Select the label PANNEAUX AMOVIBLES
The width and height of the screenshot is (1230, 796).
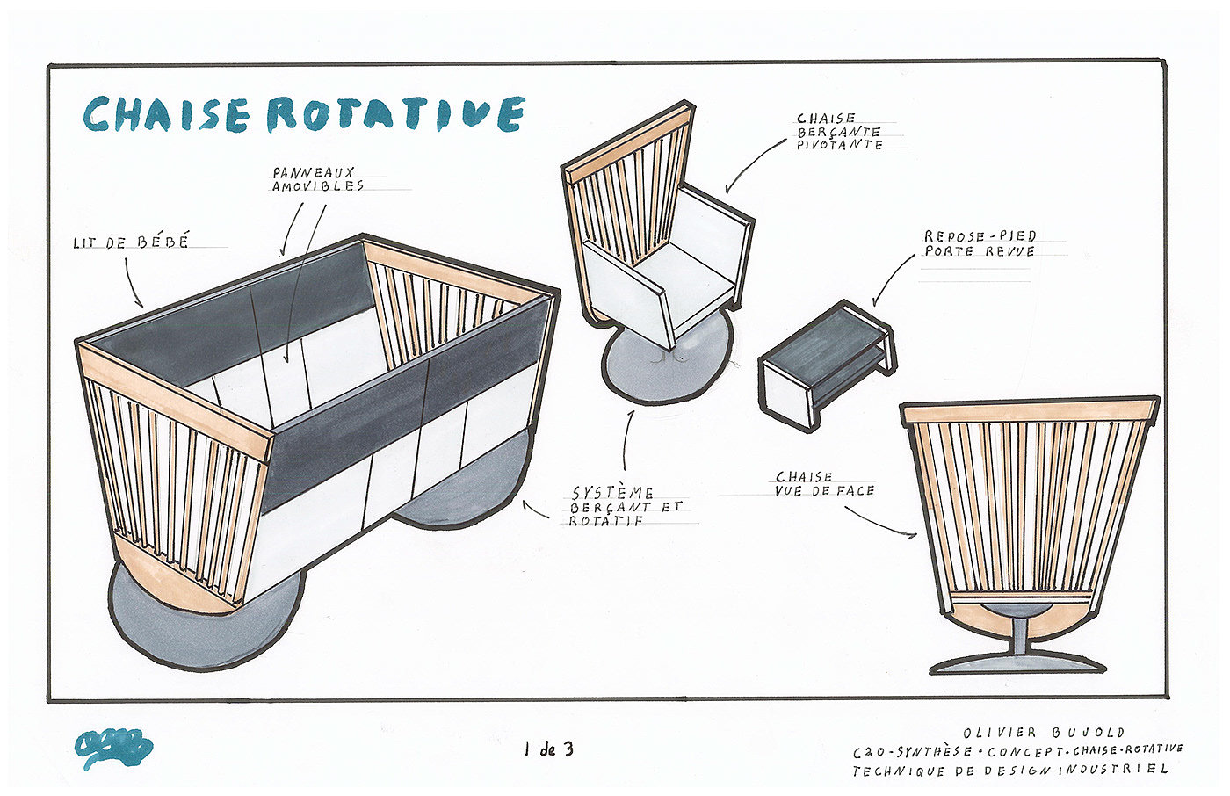pyautogui.click(x=318, y=179)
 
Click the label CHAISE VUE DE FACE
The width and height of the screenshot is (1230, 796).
pyautogui.click(x=824, y=483)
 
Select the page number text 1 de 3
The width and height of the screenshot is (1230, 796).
pyautogui.click(x=548, y=749)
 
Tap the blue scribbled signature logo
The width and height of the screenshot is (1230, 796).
pyautogui.click(x=113, y=749)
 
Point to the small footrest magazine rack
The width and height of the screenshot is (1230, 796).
pyautogui.click(x=826, y=362)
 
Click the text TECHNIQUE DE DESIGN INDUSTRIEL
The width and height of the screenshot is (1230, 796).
pyautogui.click(x=1010, y=770)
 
